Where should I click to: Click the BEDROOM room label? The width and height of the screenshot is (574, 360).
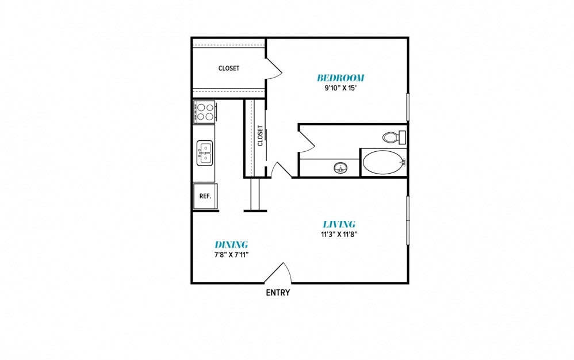[x=340, y=78]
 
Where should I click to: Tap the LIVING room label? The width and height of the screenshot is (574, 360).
[x=339, y=224]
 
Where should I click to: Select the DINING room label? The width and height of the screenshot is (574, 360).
[x=231, y=244]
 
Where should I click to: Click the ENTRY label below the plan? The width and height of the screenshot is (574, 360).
[x=278, y=292]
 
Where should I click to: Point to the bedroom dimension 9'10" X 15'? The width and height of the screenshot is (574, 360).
[x=340, y=88]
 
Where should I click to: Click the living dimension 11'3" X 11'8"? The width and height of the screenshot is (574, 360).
[x=339, y=234]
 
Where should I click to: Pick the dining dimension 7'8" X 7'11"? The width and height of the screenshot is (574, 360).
[x=231, y=255]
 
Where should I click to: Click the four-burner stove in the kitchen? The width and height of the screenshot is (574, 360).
[x=205, y=112]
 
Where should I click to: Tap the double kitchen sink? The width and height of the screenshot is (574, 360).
[x=205, y=154]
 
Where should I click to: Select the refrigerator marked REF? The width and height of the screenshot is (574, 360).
[x=205, y=196]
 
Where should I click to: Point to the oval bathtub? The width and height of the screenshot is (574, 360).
[x=383, y=162]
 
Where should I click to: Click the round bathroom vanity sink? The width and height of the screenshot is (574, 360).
[x=341, y=168]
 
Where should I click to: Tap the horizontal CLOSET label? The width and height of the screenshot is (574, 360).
[x=229, y=68]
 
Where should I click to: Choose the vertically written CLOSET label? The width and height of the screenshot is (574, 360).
[x=261, y=136]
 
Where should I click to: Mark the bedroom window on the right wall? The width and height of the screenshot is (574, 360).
[x=408, y=107]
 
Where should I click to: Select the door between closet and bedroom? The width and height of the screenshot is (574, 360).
[x=274, y=68]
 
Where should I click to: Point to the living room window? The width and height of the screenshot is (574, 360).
[x=408, y=220]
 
